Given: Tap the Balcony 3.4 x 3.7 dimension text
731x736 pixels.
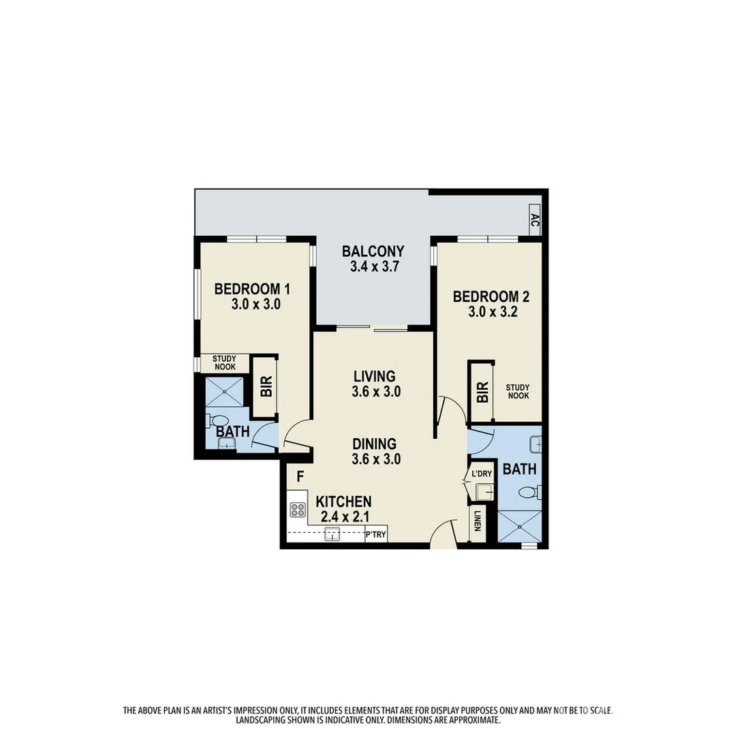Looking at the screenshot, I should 373,267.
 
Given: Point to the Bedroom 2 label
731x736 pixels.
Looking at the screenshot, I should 491,296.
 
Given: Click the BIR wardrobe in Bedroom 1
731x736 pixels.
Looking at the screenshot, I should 266,387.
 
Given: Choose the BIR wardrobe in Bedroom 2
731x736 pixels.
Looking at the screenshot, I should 482,391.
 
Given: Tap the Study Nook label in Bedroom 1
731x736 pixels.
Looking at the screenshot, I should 224,363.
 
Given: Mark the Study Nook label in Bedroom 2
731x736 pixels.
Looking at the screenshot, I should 518,391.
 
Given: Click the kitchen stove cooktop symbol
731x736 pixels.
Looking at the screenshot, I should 297,509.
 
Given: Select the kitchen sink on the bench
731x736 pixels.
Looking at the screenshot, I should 332,534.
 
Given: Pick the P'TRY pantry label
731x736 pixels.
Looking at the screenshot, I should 376,535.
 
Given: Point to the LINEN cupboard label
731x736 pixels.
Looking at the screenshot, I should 478,523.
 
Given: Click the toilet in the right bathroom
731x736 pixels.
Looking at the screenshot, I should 529,491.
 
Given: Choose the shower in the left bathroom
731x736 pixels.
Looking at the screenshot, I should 225,392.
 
